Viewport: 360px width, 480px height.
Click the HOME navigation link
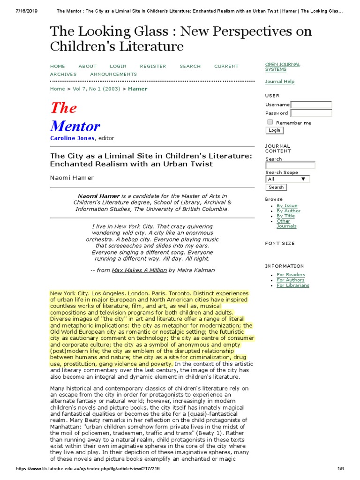58,66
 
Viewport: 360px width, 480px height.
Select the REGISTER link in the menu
153,66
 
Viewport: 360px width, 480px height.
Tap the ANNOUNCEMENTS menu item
113,74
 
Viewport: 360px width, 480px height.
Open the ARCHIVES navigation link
63,74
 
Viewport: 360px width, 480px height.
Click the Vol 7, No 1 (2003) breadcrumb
97,89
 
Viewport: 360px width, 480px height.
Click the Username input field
311,105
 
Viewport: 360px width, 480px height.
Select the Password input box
311,113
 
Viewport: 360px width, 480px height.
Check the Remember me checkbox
270,122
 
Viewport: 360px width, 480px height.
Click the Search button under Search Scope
276,187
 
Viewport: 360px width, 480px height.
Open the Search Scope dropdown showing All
287,179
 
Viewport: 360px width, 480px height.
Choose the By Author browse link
288,211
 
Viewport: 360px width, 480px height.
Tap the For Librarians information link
293,285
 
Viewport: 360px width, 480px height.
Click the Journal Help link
280,82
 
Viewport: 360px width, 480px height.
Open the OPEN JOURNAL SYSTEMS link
282,67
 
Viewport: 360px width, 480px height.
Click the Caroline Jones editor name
73,138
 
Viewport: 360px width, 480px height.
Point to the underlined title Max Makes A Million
139,270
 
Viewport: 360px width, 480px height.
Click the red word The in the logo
63,108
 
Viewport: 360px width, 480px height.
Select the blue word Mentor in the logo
75,126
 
